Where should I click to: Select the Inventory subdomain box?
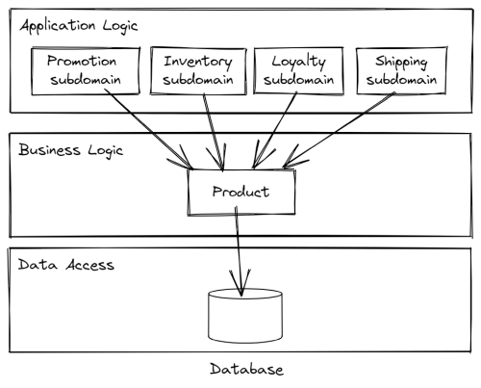coord(197,69)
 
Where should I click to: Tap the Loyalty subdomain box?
coord(297,69)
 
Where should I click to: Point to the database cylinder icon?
coord(245,319)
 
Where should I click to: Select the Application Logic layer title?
coord(76,25)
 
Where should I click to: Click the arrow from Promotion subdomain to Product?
coord(149,125)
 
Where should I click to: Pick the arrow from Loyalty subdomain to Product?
coord(273,130)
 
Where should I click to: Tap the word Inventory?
coord(197,60)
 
